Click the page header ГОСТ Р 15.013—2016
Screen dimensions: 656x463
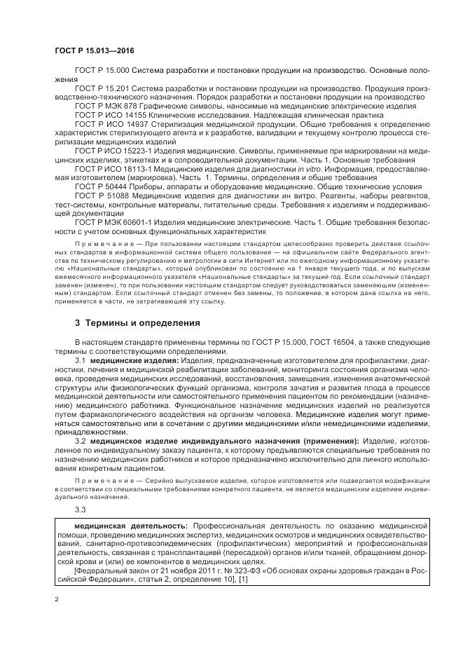(95, 51)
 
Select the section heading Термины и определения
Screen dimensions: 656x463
(137, 323)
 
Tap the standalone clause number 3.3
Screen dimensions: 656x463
(80, 509)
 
